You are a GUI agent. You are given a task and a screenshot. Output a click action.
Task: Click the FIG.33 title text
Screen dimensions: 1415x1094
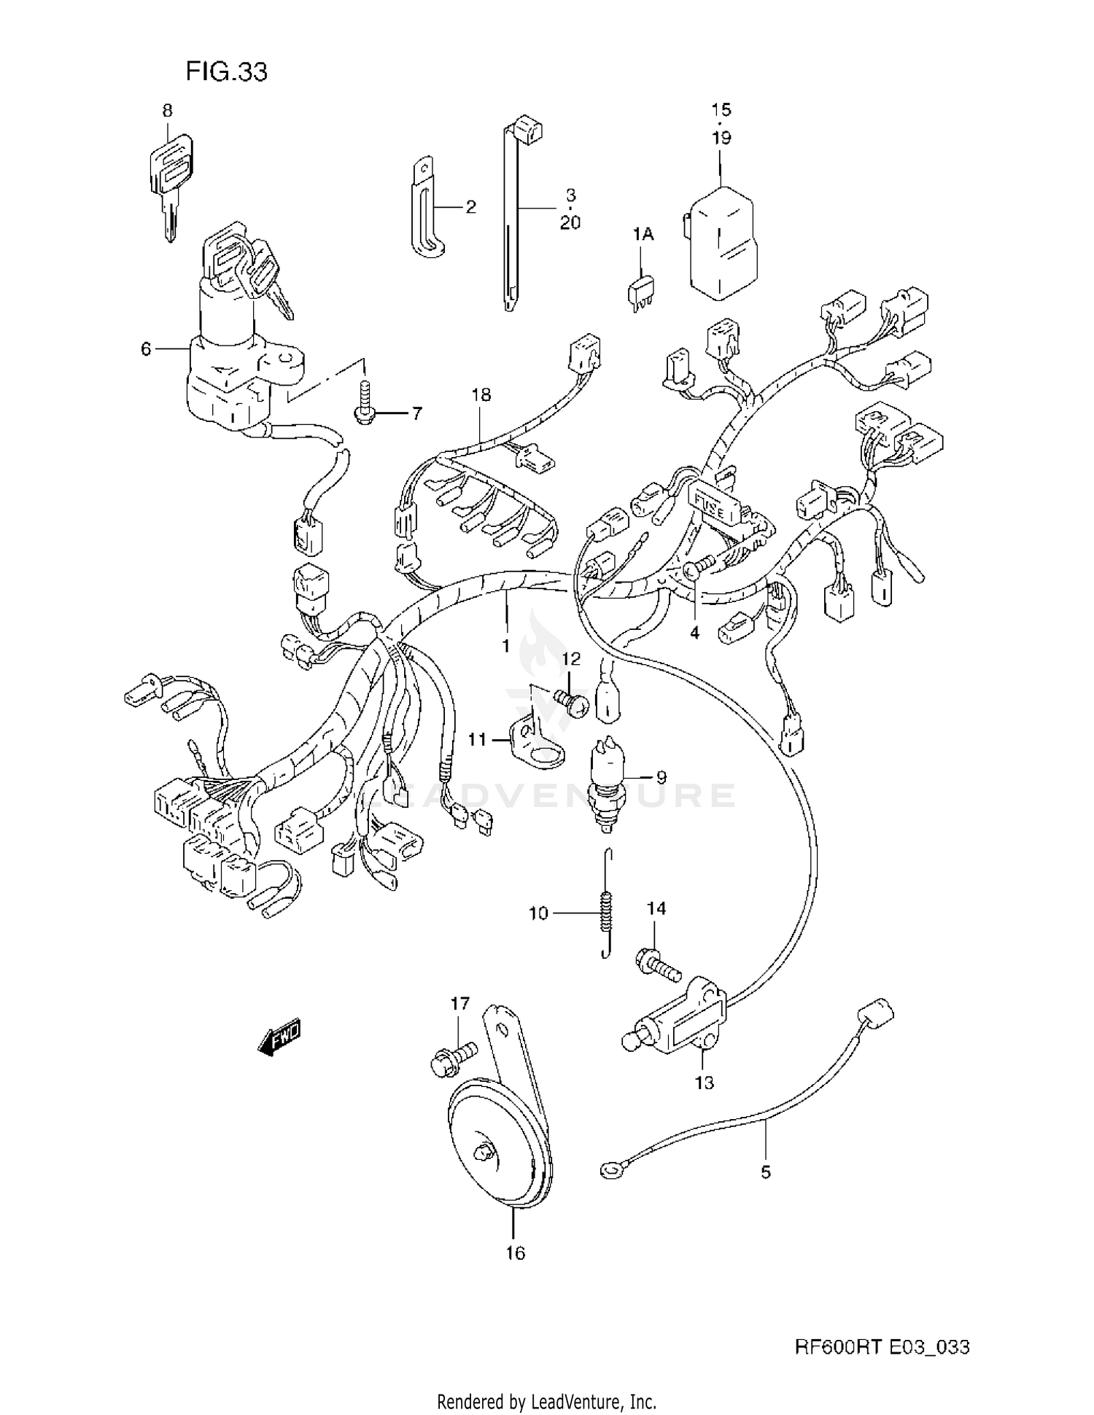point(226,71)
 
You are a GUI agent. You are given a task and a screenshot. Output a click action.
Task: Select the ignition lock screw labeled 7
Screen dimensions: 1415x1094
point(363,403)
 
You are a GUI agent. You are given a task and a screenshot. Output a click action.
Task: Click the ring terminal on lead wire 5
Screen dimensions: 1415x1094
point(608,1171)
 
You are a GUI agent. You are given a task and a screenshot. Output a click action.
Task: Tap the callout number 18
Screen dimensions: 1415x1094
point(481,394)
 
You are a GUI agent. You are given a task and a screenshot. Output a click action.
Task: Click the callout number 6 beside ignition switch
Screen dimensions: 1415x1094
point(146,349)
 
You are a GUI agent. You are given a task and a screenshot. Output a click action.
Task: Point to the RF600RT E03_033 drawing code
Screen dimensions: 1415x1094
point(882,1346)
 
